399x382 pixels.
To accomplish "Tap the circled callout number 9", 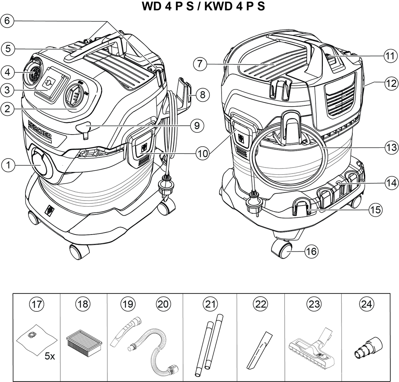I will tap(197, 126).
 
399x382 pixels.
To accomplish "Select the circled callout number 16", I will tap(311, 251).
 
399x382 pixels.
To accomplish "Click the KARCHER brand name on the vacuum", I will tap(40, 132).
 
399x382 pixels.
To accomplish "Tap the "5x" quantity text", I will tap(50, 356).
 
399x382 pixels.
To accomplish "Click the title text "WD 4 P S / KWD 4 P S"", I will tap(199, 6).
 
